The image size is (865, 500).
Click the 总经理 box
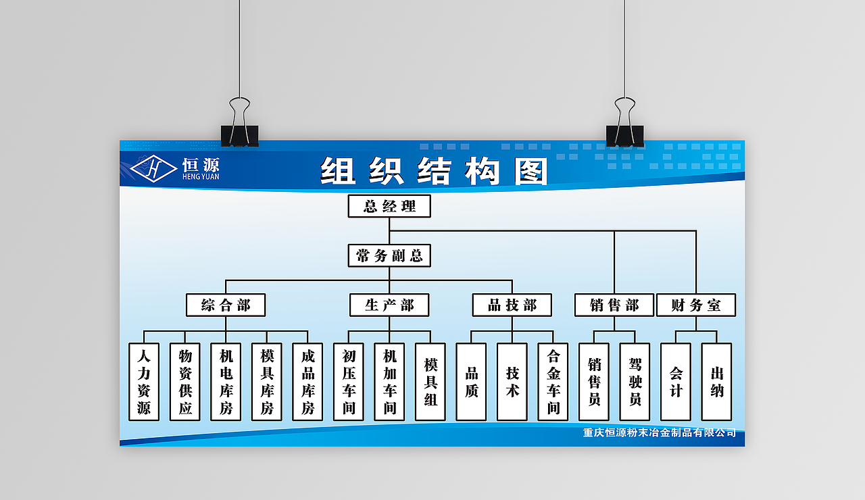coord(389,206)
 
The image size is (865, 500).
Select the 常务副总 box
coord(389,255)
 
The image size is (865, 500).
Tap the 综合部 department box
coord(226,305)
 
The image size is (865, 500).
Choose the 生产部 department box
coord(389,305)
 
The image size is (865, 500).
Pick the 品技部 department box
coord(512,305)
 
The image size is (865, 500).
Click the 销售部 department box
coord(614,305)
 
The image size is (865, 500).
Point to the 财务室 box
coord(696,305)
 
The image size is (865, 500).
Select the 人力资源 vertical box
coord(144,382)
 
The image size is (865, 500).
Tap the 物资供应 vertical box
coord(185,382)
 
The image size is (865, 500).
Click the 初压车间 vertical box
coord(349,382)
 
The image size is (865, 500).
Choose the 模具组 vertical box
coord(430,382)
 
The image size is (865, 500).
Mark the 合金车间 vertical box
coord(553,382)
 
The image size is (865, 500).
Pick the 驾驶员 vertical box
coord(635,382)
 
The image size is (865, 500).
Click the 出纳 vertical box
coord(717,382)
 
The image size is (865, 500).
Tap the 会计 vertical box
coord(676,382)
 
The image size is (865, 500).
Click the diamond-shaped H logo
coord(153,168)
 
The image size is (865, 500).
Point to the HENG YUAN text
coord(201,177)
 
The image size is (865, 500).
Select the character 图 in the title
coord(531,171)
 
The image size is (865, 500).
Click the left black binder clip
coord(239,123)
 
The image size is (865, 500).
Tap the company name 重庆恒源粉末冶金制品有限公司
coord(660,432)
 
